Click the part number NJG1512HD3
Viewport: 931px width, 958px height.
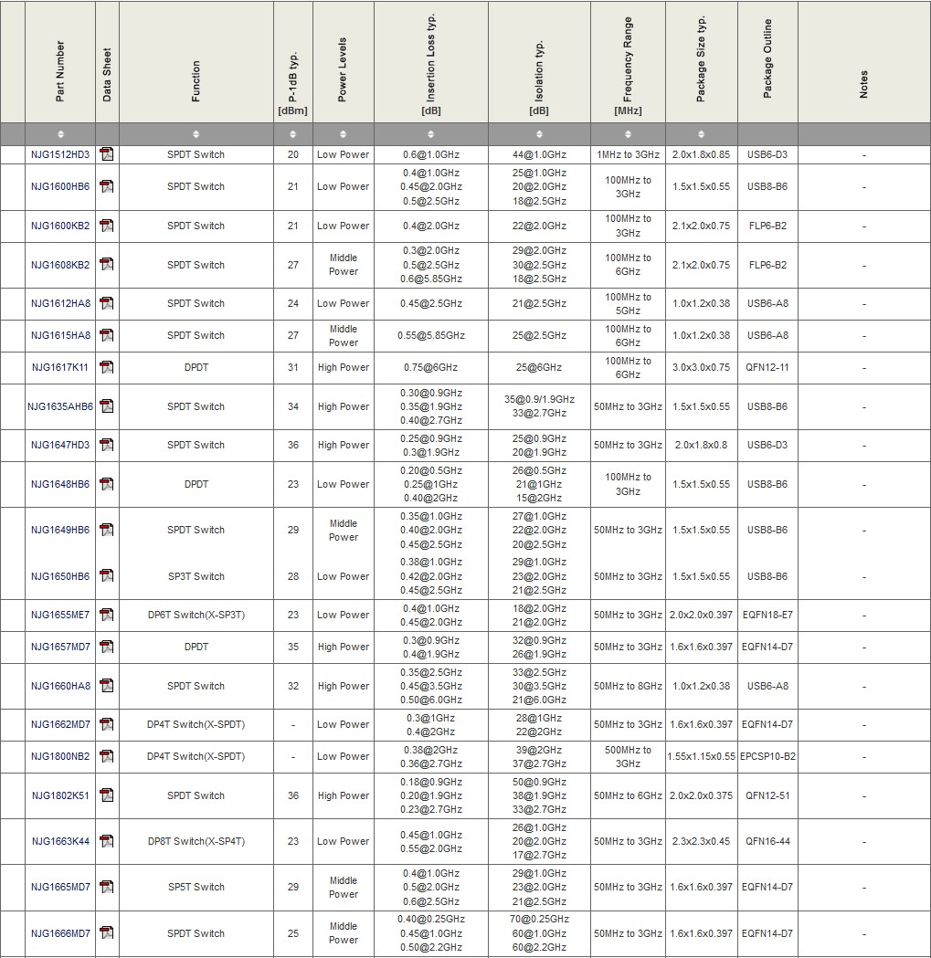[60, 154]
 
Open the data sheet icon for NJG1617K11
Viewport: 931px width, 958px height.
[107, 367]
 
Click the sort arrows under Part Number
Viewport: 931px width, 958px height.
[60, 134]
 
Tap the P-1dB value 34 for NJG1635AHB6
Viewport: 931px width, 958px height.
[293, 406]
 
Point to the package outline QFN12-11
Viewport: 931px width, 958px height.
[767, 367]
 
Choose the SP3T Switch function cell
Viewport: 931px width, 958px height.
[196, 576]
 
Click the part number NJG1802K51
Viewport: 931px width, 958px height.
[60, 795]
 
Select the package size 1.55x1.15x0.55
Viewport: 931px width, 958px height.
[701, 756]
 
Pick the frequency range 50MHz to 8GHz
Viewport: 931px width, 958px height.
[628, 686]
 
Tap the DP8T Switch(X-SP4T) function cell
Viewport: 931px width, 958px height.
[196, 841]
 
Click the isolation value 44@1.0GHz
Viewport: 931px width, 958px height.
[539, 154]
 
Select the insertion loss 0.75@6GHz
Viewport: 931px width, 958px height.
[431, 367]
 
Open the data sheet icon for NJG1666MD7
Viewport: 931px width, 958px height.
[107, 933]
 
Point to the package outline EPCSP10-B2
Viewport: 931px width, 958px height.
[767, 756]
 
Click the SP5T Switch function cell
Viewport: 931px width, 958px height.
[196, 887]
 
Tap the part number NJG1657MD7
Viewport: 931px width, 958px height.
[60, 647]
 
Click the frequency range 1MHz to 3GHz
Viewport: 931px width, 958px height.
[628, 154]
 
